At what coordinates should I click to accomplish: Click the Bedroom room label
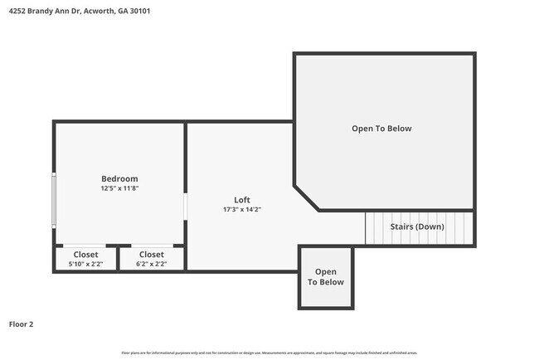[119, 178]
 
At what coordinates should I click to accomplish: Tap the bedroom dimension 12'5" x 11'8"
[119, 189]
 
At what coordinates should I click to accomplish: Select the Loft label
[242, 200]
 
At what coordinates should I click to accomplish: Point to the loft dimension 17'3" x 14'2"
[242, 210]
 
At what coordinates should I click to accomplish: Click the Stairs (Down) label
[417, 226]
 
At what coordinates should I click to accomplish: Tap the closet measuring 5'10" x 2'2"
[85, 258]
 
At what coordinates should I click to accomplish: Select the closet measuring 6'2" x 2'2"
[152, 258]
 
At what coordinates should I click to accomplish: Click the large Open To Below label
[381, 129]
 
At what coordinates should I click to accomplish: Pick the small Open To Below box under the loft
[326, 277]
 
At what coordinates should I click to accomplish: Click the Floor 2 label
[21, 324]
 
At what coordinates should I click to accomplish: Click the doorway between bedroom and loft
[186, 207]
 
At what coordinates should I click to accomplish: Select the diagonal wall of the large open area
[306, 197]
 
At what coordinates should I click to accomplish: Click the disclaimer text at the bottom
[269, 353]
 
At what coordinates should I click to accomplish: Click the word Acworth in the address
[102, 12]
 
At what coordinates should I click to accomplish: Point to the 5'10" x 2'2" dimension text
[85, 264]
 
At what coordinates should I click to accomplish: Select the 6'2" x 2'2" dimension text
[152, 264]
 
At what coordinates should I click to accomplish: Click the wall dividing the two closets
[119, 258]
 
